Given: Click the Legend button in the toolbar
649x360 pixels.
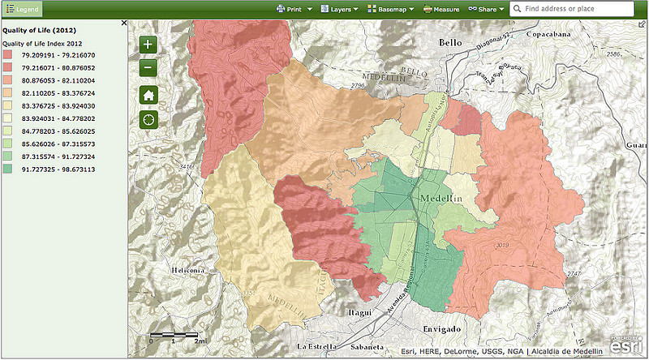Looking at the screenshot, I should tap(22, 9).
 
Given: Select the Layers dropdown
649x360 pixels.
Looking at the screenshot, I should tap(338, 9).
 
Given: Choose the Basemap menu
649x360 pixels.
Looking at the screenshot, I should tap(390, 9).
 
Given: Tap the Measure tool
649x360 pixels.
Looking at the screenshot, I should tap(441, 9).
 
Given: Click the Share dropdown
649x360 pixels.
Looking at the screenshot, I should tap(486, 9).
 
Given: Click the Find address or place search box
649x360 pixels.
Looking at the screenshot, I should tap(574, 9).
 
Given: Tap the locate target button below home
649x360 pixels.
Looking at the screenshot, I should tap(148, 119).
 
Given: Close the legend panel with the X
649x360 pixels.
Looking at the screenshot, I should tap(123, 24).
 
